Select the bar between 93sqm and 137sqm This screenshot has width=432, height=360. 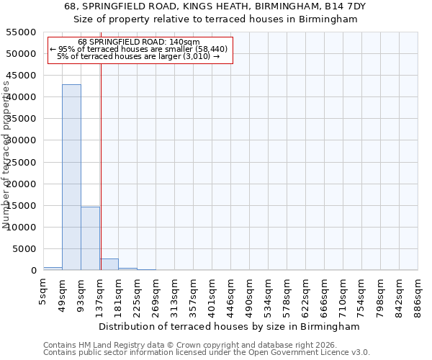[90, 238]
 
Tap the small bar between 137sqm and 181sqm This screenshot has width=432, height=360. [109, 264]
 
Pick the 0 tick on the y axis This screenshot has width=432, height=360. [33, 271]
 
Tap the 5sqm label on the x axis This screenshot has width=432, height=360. [44, 294]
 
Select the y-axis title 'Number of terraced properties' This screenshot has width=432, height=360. [7, 155]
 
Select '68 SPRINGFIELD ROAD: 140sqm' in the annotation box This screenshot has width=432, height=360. [139, 42]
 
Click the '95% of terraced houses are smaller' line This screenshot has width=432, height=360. [139, 49]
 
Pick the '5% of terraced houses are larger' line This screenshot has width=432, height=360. [139, 56]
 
